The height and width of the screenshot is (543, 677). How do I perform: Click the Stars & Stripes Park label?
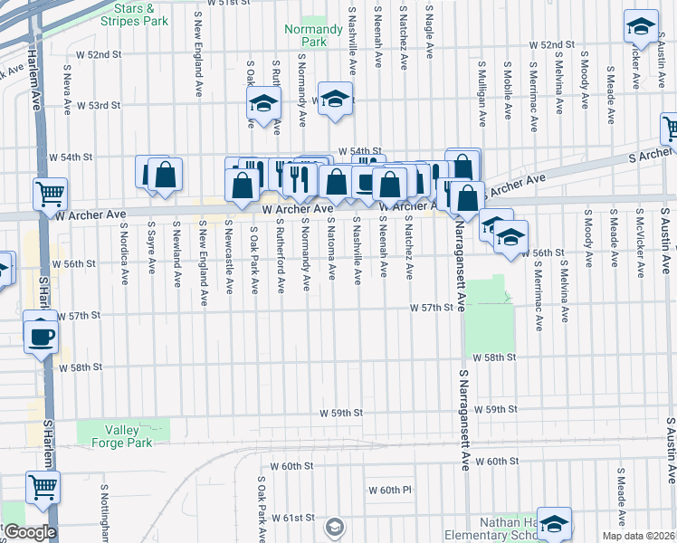(x=141, y=14)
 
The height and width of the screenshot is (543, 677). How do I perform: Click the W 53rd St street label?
(x=98, y=106)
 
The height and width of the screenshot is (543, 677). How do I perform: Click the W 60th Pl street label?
(x=390, y=490)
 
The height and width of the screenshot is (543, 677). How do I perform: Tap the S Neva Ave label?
(x=68, y=89)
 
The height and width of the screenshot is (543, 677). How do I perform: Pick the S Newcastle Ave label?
(x=229, y=256)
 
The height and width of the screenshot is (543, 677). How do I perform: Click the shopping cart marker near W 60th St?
(x=43, y=488)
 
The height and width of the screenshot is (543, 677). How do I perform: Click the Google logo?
(x=29, y=532)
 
